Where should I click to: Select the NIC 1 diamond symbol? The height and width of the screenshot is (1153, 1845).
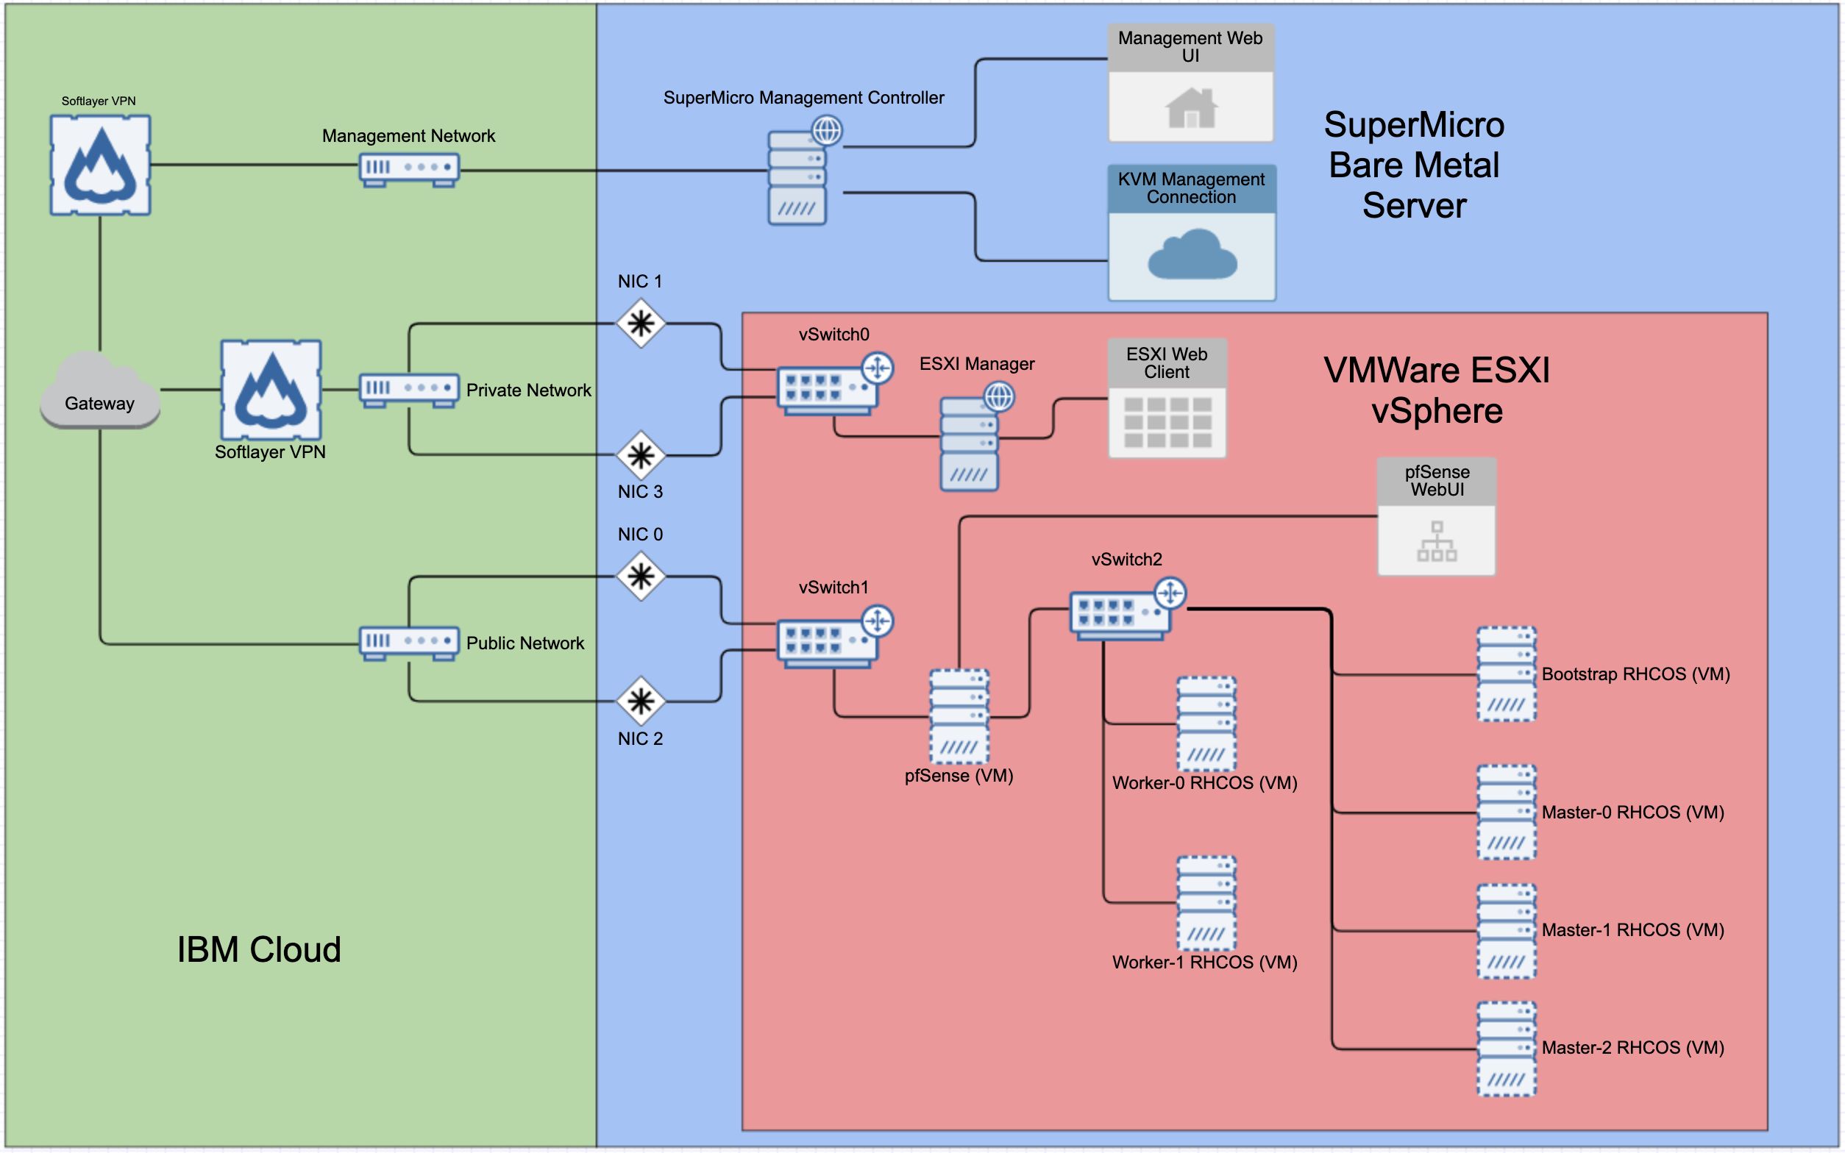pyautogui.click(x=641, y=324)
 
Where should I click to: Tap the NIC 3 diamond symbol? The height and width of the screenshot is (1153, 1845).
pyautogui.click(x=641, y=455)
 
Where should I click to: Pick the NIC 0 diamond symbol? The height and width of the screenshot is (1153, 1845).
pyautogui.click(x=641, y=576)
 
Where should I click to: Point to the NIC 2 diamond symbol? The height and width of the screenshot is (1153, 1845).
pyautogui.click(x=641, y=701)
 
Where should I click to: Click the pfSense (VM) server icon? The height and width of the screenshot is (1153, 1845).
pyautogui.click(x=959, y=716)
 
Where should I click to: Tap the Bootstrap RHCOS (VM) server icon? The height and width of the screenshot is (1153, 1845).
pyautogui.click(x=1506, y=674)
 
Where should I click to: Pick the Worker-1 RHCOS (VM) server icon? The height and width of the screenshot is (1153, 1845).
pyautogui.click(x=1206, y=903)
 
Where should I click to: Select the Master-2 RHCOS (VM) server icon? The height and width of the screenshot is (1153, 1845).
pyautogui.click(x=1506, y=1049)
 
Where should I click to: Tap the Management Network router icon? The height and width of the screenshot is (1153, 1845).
pyautogui.click(x=409, y=168)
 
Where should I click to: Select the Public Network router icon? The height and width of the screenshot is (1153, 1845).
pyautogui.click(x=409, y=642)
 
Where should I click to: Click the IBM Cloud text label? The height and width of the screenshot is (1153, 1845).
pyautogui.click(x=258, y=949)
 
